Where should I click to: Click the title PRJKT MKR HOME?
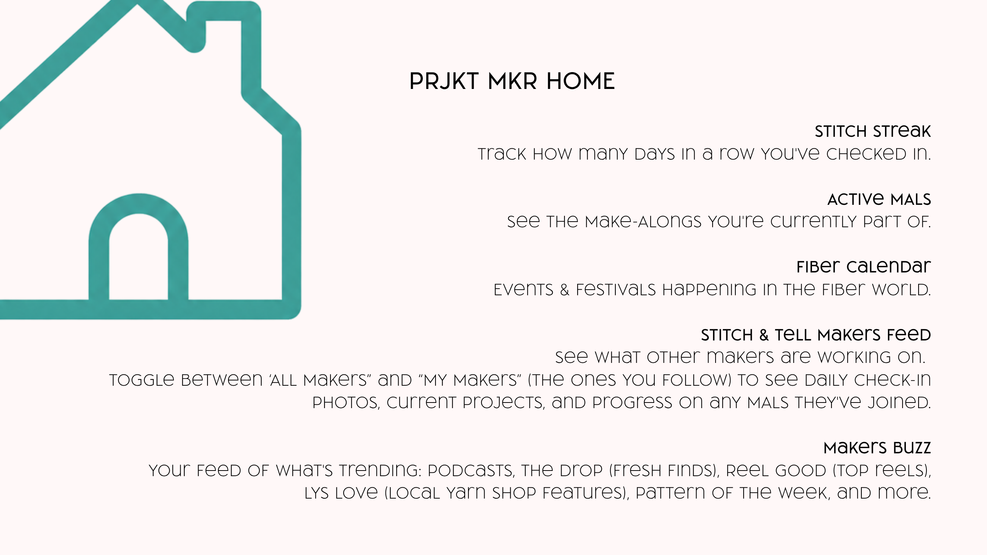512,81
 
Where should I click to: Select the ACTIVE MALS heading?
879,199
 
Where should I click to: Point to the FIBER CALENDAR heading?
864,266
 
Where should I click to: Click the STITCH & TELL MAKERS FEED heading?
816,335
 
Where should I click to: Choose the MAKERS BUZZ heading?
877,447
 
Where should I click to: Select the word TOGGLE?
142,380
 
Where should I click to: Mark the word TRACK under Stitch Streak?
502,154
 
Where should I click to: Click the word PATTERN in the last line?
670,493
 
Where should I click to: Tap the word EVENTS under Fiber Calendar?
523,290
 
